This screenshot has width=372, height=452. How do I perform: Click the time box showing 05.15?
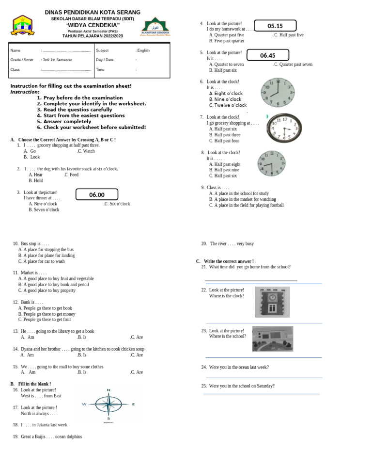click(x=275, y=26)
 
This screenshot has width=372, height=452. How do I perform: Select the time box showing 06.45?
click(x=268, y=55)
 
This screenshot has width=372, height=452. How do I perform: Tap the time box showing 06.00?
click(x=97, y=194)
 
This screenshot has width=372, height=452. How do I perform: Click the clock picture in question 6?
click(x=278, y=92)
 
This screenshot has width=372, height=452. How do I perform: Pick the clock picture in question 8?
click(x=271, y=163)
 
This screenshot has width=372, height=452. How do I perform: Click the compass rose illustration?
click(x=108, y=404)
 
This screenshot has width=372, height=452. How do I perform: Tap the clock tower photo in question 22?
click(x=272, y=302)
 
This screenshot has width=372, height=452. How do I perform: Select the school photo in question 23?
click(x=272, y=339)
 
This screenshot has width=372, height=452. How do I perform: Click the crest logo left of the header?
click(x=22, y=25)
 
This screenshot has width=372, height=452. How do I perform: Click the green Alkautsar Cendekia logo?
click(x=155, y=27)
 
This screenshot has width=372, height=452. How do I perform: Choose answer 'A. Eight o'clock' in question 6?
click(x=226, y=94)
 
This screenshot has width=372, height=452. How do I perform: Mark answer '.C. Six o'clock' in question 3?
click(x=117, y=204)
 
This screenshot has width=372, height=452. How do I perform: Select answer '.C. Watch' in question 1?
click(x=86, y=151)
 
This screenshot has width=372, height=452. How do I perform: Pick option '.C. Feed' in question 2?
click(x=71, y=175)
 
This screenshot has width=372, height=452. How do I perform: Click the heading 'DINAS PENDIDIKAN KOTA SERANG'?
click(x=93, y=12)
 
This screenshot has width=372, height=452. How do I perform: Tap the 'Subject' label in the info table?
click(x=102, y=50)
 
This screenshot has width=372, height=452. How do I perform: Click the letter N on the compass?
click(x=108, y=390)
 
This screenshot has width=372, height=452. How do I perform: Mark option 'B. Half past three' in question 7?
click(x=225, y=135)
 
